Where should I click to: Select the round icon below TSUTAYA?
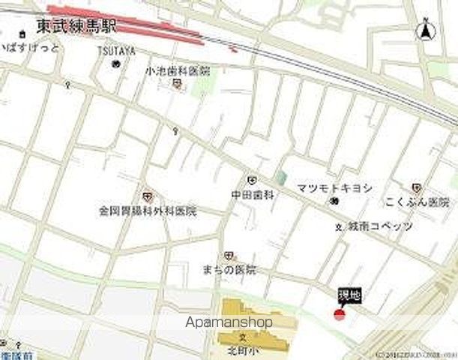(x=116, y=64)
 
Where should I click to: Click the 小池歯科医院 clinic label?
(x=177, y=70)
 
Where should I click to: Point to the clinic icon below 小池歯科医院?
(x=177, y=83)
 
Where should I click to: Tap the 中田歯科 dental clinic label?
(x=253, y=193)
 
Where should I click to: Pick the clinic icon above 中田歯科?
(x=251, y=180)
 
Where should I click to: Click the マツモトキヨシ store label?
(x=345, y=187)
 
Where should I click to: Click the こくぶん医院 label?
(x=417, y=200)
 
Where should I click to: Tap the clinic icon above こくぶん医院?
(x=416, y=187)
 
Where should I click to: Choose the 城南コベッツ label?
(x=379, y=226)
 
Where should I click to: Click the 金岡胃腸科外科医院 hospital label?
(x=147, y=211)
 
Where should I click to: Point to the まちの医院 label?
(x=229, y=269)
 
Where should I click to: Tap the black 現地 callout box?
(x=349, y=296)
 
